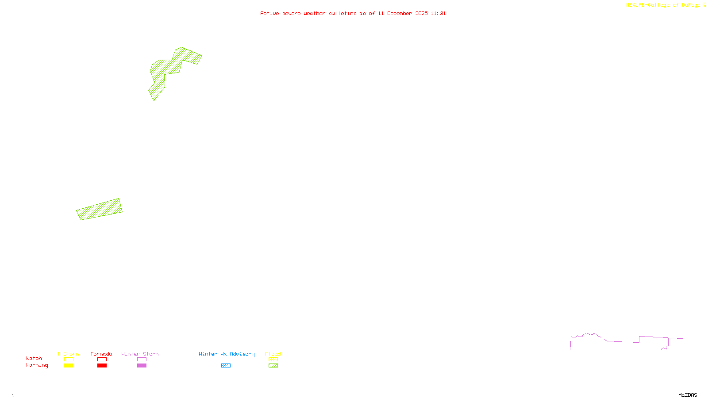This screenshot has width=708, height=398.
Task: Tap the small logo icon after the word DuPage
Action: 704,5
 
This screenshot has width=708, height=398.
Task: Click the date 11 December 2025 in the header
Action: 403,14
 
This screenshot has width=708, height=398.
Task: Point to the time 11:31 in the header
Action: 438,14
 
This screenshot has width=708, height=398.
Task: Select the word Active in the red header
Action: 269,14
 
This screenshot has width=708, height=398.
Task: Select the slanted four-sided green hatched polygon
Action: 100,209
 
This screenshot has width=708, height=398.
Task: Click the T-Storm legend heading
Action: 68,354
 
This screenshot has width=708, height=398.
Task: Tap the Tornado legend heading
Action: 101,354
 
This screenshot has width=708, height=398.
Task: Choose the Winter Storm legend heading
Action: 140,354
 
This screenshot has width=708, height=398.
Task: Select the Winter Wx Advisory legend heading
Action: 227,354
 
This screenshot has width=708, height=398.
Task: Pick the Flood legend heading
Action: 273,354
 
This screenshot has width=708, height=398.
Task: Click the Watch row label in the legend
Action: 34,359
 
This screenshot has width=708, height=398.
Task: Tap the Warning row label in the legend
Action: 37,365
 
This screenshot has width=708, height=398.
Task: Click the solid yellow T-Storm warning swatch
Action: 69,366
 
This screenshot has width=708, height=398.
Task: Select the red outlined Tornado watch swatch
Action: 102,360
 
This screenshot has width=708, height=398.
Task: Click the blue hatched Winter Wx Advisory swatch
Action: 226,366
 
